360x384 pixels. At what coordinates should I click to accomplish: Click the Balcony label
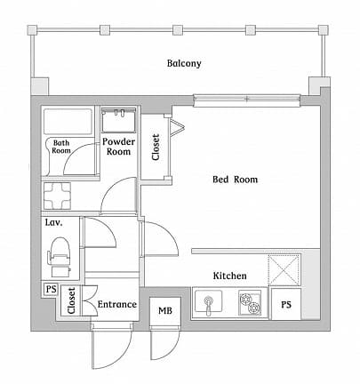tap(184, 64)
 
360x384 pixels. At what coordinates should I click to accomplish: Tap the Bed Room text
tap(235, 180)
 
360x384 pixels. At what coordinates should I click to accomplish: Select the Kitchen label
tap(229, 276)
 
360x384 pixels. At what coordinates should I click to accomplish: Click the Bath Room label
tap(61, 147)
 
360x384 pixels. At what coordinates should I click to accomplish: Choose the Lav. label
tap(53, 224)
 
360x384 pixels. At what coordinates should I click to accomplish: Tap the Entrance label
tap(116, 305)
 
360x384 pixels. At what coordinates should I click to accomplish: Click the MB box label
tap(164, 310)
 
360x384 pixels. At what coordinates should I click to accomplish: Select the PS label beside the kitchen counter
tap(285, 305)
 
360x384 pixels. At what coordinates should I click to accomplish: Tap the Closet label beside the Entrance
tap(71, 303)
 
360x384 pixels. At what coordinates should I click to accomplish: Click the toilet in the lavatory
tap(60, 252)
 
